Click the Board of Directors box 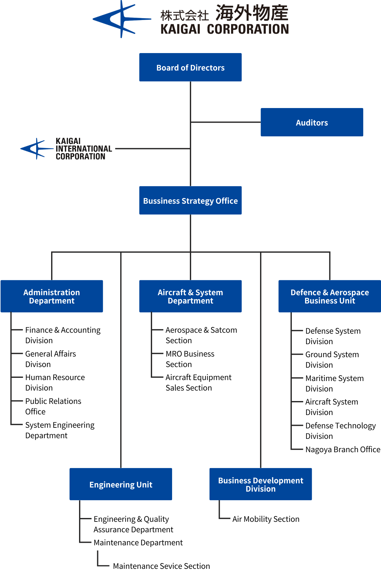point(190,67)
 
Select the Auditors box point(312,122)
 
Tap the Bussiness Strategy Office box point(190,201)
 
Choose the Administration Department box point(52,296)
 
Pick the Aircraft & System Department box point(190,296)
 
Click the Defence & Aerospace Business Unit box point(330,296)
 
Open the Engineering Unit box point(121,484)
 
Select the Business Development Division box point(261,484)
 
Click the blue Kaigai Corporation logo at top point(122,19)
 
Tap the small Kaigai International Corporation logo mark point(37,148)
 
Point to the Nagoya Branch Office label point(343,449)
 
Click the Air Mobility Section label point(266,519)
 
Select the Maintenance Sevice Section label point(161,566)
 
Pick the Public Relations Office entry point(53,406)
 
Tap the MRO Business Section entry point(190,359)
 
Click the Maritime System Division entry point(335,383)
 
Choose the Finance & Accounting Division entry point(63,335)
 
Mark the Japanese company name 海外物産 point(252,13)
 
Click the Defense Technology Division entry point(341,431)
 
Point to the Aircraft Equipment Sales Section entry point(198,382)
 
